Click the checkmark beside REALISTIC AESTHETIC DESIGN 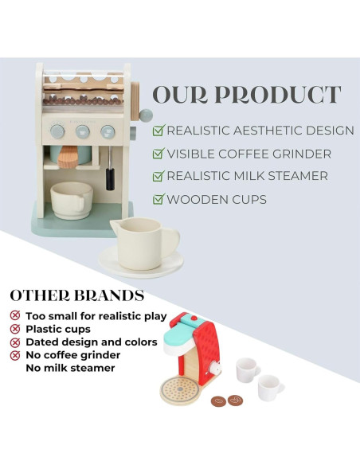(158, 131)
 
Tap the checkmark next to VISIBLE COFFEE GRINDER (158, 154)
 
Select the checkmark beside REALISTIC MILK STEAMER (158, 175)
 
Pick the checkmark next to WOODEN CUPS (158, 199)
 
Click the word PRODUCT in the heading (278, 95)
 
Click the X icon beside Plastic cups (15, 329)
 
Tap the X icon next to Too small (15, 315)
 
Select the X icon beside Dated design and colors (15, 342)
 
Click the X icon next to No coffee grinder (15, 355)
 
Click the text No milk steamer (70, 368)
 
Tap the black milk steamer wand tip (110, 179)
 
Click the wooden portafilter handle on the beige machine (68, 157)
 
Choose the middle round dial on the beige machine (83, 131)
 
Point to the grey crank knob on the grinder (147, 115)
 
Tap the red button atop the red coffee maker (194, 318)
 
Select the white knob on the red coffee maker (215, 369)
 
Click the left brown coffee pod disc (218, 401)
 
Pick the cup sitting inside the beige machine (72, 200)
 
